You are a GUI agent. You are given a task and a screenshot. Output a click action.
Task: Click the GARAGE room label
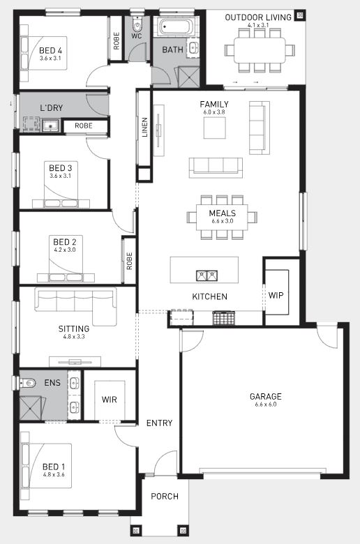(x=266, y=396)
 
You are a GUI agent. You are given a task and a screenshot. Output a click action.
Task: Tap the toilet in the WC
(x=137, y=25)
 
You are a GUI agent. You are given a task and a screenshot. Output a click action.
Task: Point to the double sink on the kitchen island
(x=207, y=275)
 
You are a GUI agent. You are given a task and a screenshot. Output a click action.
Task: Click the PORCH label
(x=165, y=497)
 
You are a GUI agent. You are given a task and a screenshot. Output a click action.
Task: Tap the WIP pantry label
(x=276, y=295)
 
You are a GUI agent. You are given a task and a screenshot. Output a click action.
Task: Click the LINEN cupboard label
(x=144, y=128)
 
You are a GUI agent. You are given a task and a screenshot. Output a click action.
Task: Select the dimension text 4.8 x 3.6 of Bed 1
(x=54, y=475)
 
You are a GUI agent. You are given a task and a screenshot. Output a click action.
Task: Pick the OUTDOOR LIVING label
(x=258, y=17)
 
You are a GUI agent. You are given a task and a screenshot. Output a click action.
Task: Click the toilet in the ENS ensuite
(x=29, y=383)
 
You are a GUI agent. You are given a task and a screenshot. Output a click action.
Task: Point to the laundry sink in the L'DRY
(x=51, y=125)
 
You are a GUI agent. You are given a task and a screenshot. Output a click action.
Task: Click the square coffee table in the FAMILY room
(x=215, y=128)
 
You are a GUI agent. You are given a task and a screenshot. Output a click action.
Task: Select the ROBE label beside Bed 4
(x=117, y=41)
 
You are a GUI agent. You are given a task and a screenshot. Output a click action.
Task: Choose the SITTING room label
(x=74, y=328)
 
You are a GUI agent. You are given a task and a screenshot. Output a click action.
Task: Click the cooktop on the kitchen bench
(x=223, y=318)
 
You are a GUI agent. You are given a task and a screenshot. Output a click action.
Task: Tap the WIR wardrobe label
(x=110, y=400)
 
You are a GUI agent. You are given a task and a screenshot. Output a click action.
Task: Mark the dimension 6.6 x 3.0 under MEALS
(x=222, y=221)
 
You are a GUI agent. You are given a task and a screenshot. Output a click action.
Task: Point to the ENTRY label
(x=159, y=423)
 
